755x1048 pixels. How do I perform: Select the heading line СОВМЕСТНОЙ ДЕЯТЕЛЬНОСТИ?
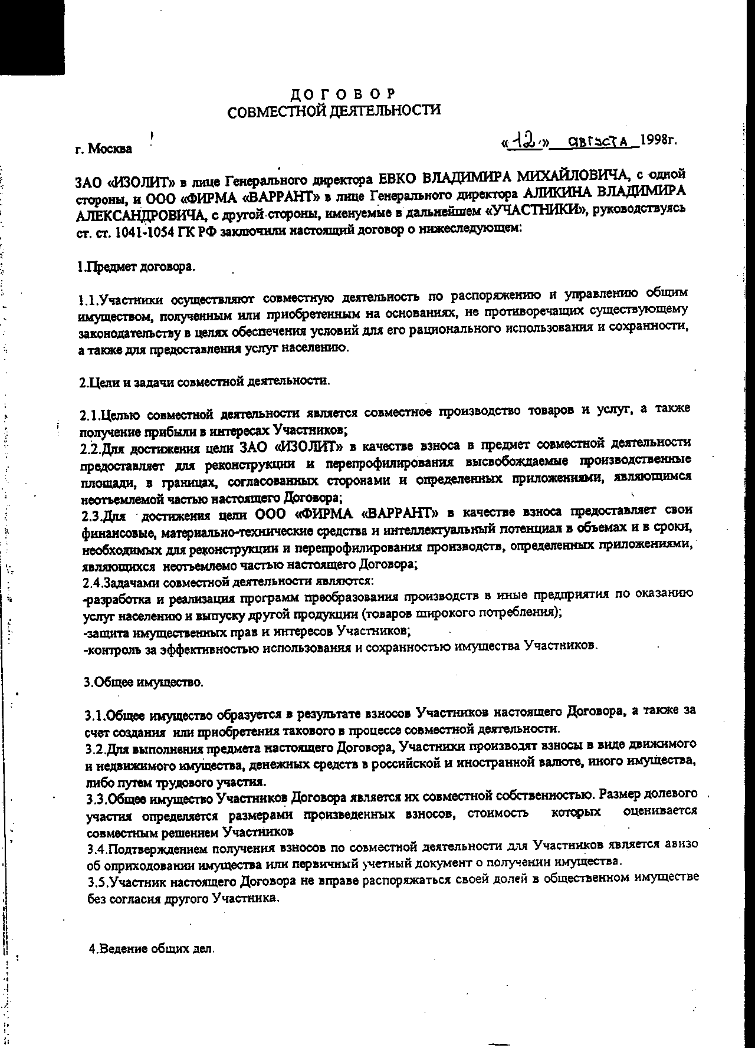point(334,110)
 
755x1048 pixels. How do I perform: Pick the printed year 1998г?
point(658,140)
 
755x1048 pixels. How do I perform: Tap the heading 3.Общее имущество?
point(143,682)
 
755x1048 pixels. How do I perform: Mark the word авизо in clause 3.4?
point(682,844)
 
